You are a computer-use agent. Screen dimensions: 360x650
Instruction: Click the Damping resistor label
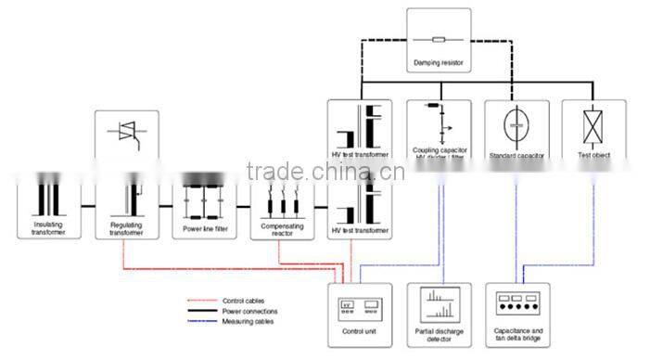click(439, 64)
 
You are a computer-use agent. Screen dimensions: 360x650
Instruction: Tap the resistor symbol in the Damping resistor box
click(439, 40)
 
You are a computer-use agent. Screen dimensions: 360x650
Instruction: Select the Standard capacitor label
click(516, 155)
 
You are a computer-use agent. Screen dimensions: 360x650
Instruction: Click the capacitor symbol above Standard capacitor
click(516, 125)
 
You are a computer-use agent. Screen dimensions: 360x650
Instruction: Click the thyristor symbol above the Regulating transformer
click(127, 134)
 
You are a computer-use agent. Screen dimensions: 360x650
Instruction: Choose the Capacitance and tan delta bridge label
click(517, 333)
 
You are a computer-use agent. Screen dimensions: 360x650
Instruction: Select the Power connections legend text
click(249, 311)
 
